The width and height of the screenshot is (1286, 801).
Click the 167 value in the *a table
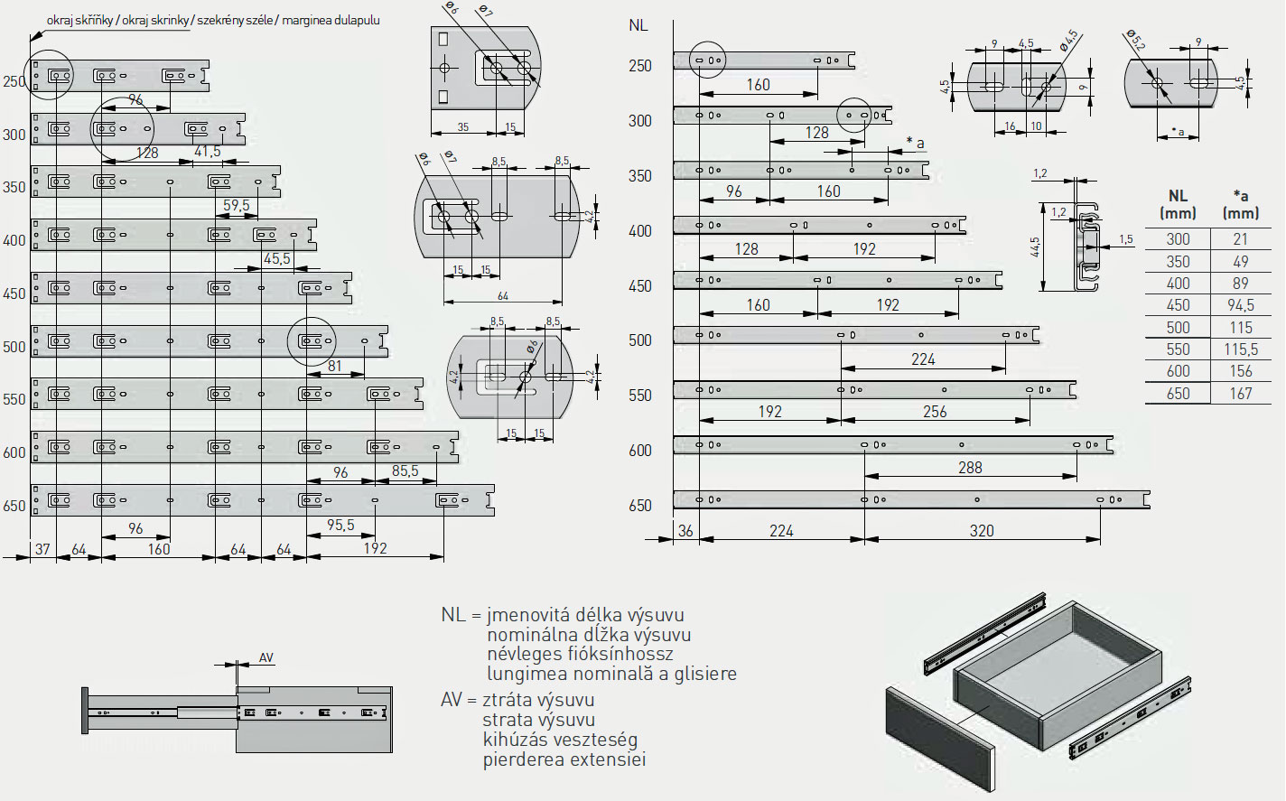(1240, 394)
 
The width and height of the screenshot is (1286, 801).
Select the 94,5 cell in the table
(1240, 305)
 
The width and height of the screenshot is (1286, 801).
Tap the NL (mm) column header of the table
(1177, 204)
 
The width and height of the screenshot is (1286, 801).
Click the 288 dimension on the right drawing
(970, 468)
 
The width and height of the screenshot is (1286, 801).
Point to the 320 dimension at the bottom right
(982, 531)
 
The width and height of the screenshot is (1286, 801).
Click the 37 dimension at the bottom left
(42, 549)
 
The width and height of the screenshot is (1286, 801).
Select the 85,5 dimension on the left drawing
(405, 471)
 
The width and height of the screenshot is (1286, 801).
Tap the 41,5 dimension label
(208, 152)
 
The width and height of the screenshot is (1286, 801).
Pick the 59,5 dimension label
(237, 206)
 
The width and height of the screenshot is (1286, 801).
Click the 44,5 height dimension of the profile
(1035, 247)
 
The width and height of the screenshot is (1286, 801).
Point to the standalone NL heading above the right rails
(638, 25)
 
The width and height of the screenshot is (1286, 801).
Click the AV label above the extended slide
(266, 657)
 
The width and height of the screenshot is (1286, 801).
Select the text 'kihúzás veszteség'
(560, 740)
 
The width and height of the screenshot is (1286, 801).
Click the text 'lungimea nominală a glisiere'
(611, 674)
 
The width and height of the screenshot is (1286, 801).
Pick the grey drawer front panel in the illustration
(939, 736)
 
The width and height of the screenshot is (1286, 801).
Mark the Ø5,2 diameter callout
(1135, 42)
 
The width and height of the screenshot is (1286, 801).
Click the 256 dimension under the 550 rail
(935, 412)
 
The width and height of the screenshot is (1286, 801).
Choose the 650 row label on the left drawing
(14, 506)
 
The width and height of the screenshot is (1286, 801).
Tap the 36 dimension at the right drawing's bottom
(685, 531)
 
